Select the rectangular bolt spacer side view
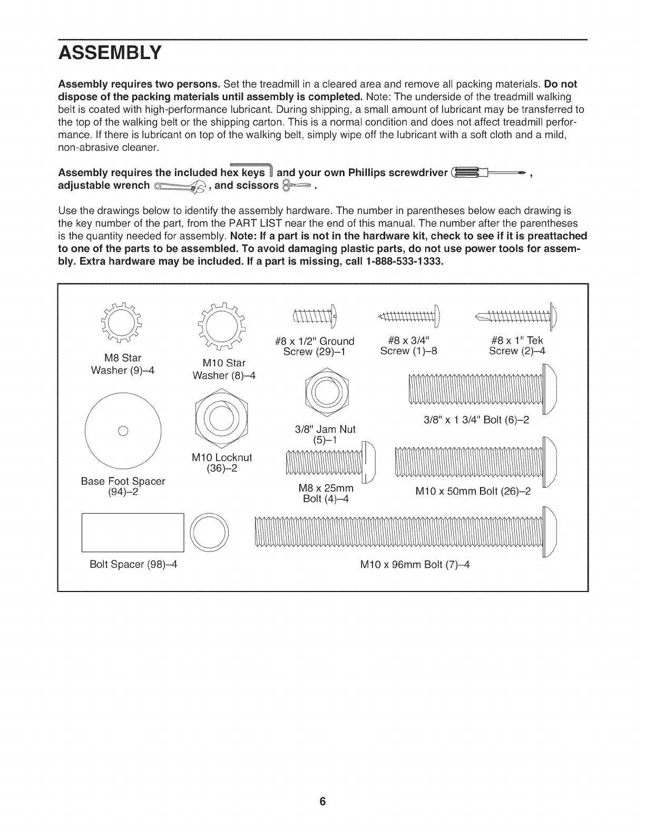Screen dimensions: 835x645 [x=133, y=533]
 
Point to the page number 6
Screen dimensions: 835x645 [x=322, y=802]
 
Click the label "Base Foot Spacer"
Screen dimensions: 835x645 [x=123, y=481]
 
